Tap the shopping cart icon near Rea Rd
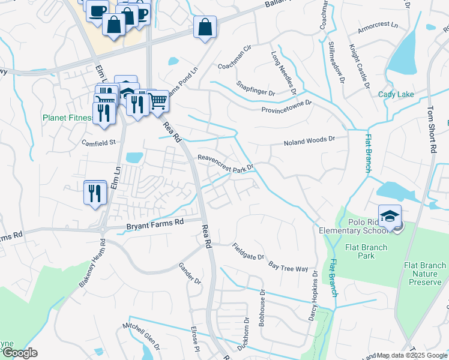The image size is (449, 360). (158, 100)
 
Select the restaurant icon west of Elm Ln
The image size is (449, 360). (95, 193)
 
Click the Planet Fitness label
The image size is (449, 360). (67, 118)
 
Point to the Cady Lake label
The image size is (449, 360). (396, 94)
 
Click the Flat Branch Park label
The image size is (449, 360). (366, 251)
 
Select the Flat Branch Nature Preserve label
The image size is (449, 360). (426, 274)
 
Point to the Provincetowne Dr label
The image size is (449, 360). (286, 107)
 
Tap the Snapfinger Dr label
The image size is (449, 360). (255, 88)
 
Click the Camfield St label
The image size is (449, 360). (98, 142)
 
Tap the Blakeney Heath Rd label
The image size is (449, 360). (92, 265)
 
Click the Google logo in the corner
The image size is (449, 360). (19, 353)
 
